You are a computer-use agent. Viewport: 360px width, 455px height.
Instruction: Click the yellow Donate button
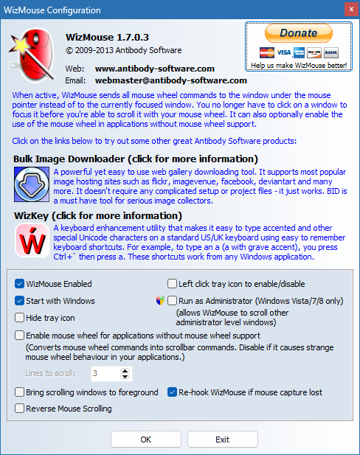tap(298, 33)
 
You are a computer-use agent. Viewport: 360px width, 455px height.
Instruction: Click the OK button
tap(145, 439)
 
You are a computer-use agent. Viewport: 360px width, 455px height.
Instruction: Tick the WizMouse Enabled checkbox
tap(19, 283)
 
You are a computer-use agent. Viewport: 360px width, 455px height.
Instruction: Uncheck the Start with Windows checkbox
tap(19, 301)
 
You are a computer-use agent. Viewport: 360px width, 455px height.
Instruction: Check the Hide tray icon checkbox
tap(19, 318)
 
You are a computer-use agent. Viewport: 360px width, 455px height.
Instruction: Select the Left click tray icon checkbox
tap(173, 283)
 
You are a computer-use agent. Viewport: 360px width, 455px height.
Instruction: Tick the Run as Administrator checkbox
tap(173, 301)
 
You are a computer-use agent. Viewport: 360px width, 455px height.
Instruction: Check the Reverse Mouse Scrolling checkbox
tap(19, 409)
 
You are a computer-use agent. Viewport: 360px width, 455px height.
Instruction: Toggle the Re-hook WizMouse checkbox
tap(173, 392)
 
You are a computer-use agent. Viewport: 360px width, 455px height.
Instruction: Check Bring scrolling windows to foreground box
tap(19, 392)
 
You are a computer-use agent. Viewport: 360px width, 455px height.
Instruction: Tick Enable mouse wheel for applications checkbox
tap(19, 336)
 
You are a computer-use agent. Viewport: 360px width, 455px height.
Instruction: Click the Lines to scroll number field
tap(103, 374)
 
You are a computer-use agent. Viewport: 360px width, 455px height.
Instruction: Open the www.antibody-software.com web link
tap(154, 69)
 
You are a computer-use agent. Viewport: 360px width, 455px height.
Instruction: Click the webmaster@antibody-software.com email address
tap(170, 80)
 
